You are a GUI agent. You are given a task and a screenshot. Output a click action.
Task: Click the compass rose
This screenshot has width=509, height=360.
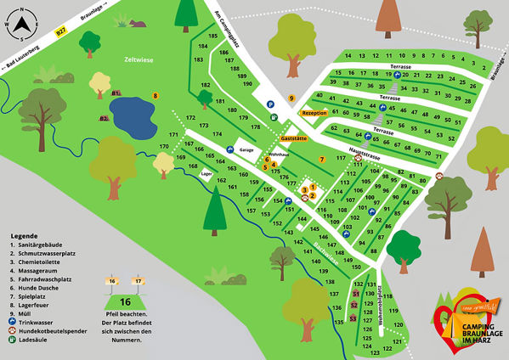(x=20, y=25)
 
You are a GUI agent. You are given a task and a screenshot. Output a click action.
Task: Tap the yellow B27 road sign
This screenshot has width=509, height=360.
(x=60, y=31)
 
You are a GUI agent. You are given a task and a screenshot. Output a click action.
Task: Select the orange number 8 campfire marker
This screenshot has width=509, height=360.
(x=156, y=95)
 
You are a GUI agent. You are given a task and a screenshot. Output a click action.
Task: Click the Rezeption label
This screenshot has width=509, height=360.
(x=314, y=112)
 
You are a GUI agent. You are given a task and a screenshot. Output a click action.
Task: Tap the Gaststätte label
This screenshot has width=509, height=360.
(x=294, y=138)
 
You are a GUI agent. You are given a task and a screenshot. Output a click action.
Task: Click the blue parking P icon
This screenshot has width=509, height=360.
(x=271, y=105)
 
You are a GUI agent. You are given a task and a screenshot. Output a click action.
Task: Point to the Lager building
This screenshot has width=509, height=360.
(x=206, y=173)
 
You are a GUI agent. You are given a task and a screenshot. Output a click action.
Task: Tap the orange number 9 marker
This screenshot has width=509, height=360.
(x=291, y=98)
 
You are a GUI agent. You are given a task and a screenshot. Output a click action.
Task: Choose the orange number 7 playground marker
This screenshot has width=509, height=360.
(x=322, y=160)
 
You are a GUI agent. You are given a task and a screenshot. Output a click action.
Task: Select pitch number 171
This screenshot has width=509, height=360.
(x=173, y=135)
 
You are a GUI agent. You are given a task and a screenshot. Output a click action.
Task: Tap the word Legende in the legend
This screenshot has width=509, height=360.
(x=24, y=235)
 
